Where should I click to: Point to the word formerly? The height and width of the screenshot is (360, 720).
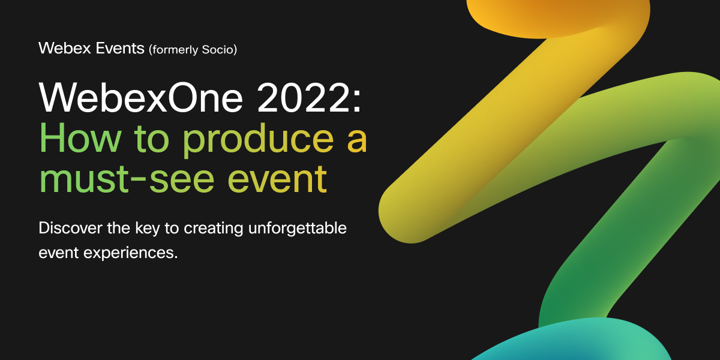[177, 49]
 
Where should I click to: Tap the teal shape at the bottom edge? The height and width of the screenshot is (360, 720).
[576, 342]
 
